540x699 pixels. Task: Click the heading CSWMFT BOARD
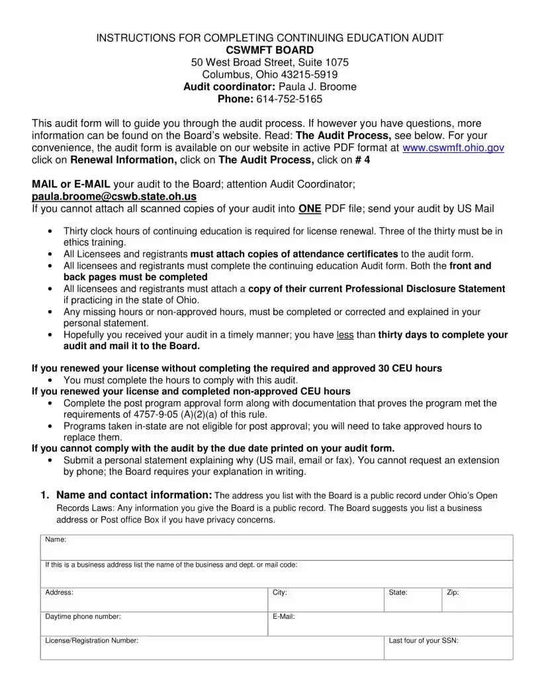(270, 50)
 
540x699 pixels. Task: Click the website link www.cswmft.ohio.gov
(453, 148)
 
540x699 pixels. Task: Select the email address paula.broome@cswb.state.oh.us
(114, 197)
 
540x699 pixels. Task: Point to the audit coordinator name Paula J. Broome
(318, 87)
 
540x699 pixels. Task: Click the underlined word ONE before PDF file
(310, 209)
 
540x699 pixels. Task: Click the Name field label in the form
(56, 540)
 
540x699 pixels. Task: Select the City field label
(280, 592)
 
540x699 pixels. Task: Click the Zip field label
(453, 592)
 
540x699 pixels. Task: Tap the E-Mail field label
(284, 617)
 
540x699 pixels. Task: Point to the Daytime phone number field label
(83, 617)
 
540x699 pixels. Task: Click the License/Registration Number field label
(91, 641)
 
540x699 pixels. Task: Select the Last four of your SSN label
(424, 641)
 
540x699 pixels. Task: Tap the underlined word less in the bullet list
(345, 335)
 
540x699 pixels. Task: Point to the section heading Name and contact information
(134, 495)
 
